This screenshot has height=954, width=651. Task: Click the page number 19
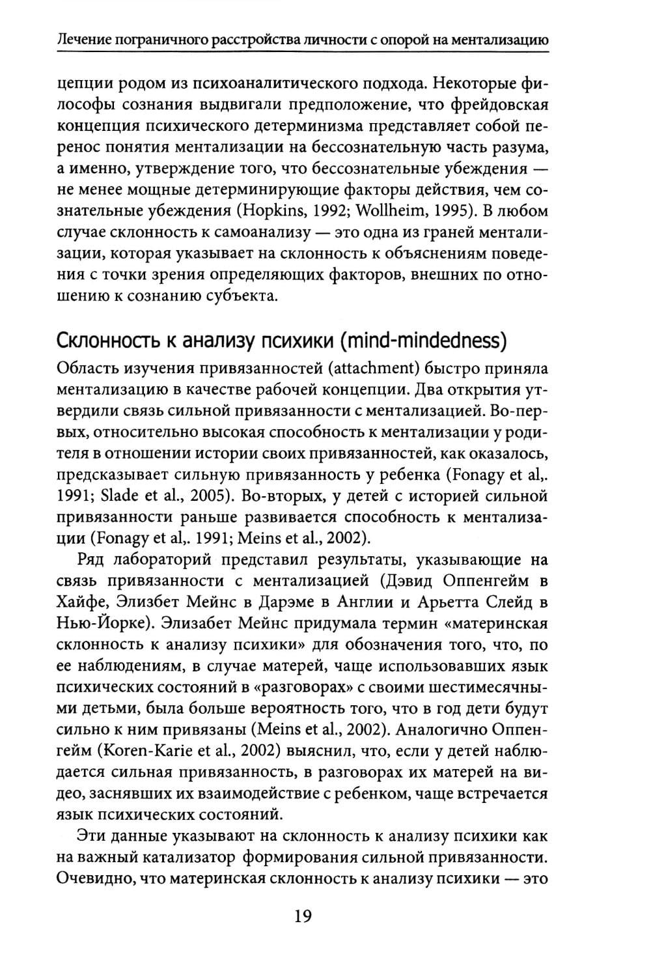(x=303, y=916)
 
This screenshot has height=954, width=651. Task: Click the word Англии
(x=407, y=602)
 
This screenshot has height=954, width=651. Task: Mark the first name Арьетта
(x=472, y=602)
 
